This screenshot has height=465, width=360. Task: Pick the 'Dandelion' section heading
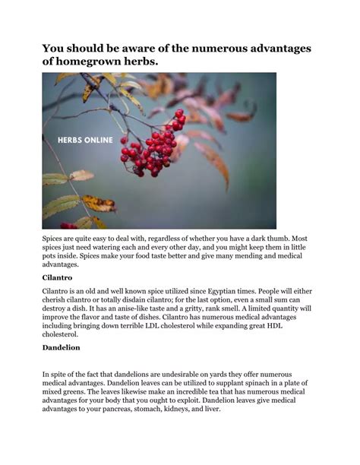pyautogui.click(x=62, y=347)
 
